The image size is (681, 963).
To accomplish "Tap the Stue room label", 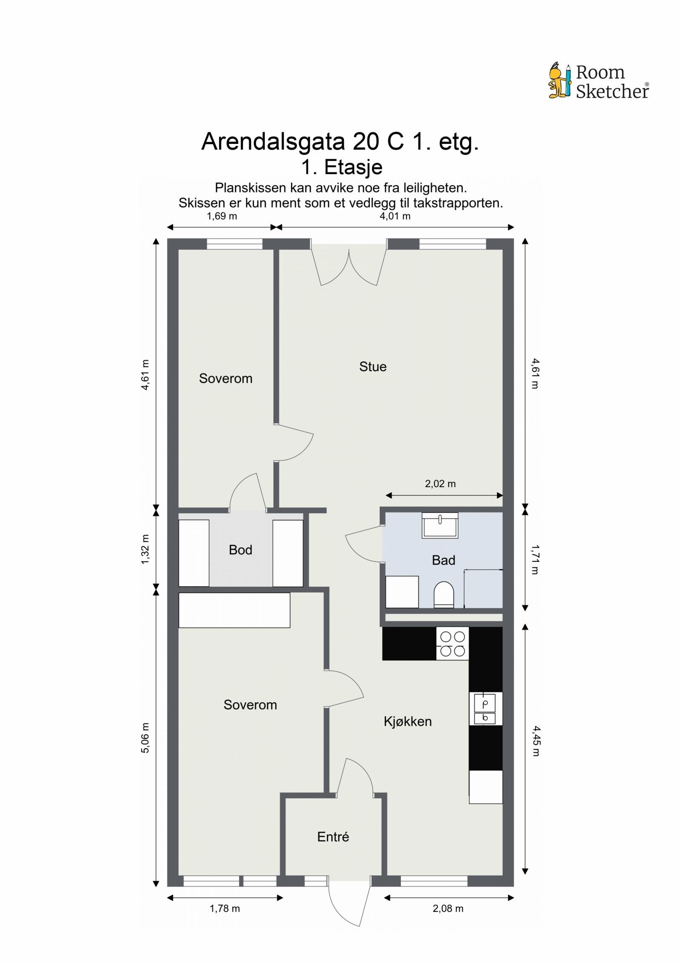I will click(x=372, y=367).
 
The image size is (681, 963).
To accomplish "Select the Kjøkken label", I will click(x=407, y=721).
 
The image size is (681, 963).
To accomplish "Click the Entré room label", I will click(x=333, y=837).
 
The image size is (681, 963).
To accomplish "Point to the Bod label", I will click(x=240, y=550).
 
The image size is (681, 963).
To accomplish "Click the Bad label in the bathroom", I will click(x=443, y=560).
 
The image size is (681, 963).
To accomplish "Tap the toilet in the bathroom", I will click(x=444, y=594).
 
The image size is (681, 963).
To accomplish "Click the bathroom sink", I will click(x=440, y=525).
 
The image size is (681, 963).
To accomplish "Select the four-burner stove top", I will click(x=452, y=643).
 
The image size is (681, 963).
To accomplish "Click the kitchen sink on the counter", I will click(x=485, y=709).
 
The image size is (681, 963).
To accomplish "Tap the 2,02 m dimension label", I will click(x=440, y=484).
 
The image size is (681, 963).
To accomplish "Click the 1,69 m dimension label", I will click(x=222, y=216).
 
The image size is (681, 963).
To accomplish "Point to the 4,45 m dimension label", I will click(x=535, y=741).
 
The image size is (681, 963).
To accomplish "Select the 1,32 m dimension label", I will click(x=146, y=549).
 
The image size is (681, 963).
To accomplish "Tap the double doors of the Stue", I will click(x=349, y=267).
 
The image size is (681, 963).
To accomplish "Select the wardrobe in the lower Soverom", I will click(x=234, y=610).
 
